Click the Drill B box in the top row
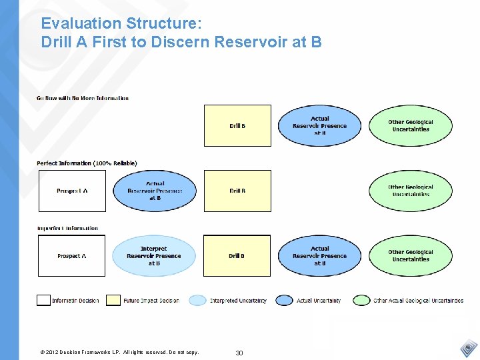tap(237, 125)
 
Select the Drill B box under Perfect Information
tap(237, 191)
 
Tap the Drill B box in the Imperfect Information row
tap(237, 255)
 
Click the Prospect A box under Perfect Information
tap(72, 191)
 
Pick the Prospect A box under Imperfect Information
tap(72, 255)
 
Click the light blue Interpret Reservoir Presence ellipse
tap(154, 255)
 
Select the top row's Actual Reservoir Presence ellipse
tap(320, 125)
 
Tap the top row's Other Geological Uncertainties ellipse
tap(411, 125)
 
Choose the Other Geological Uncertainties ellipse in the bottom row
tap(411, 255)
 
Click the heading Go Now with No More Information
tap(83, 98)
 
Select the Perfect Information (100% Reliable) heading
tap(87, 163)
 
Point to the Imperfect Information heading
tap(67, 228)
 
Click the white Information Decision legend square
tap(43, 300)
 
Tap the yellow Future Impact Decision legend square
tap(113, 300)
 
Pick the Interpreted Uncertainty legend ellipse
tap(198, 300)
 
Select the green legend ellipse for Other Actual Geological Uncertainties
tap(362, 300)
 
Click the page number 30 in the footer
tap(239, 353)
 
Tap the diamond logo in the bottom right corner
tap(469, 348)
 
